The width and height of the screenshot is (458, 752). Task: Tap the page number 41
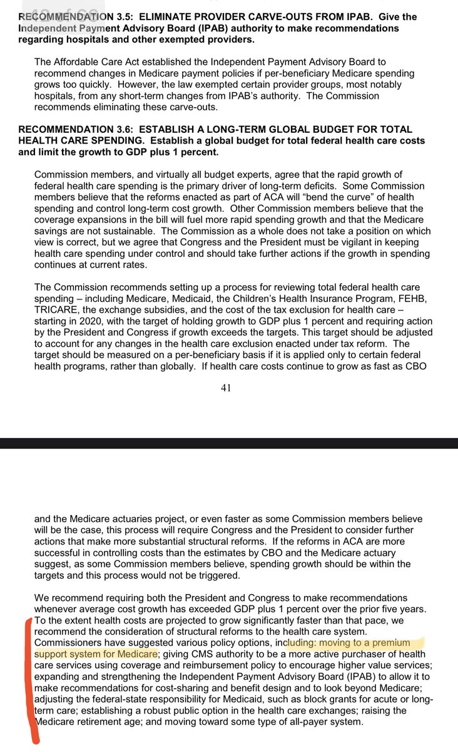[226, 388]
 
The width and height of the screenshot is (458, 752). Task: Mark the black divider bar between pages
[229, 443]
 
